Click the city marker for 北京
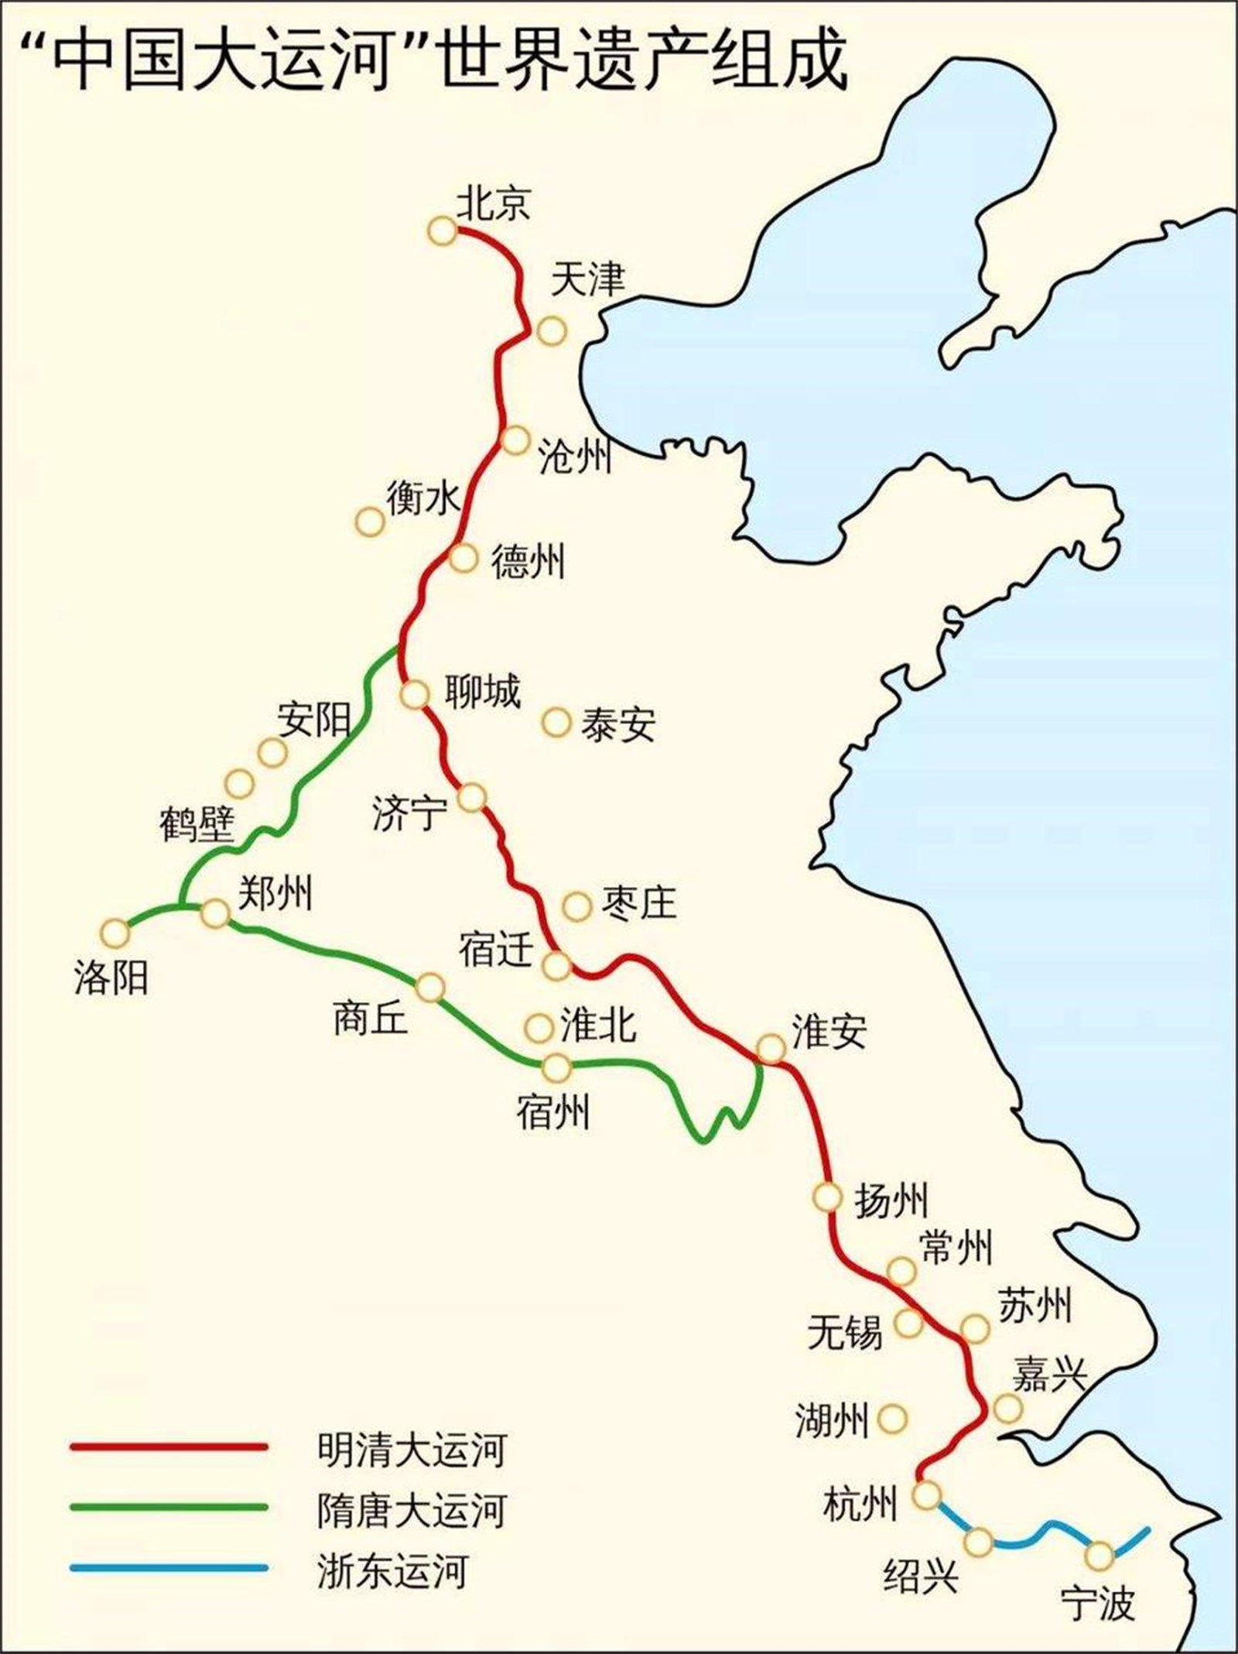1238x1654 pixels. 443,231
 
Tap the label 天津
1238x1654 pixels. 587,279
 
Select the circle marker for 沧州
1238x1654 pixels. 515,440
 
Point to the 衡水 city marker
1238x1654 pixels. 371,521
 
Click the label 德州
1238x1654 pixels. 528,560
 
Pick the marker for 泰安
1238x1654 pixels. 556,722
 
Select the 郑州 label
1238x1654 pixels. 275,894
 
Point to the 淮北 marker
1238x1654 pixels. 539,1027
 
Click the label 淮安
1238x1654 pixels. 829,1031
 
